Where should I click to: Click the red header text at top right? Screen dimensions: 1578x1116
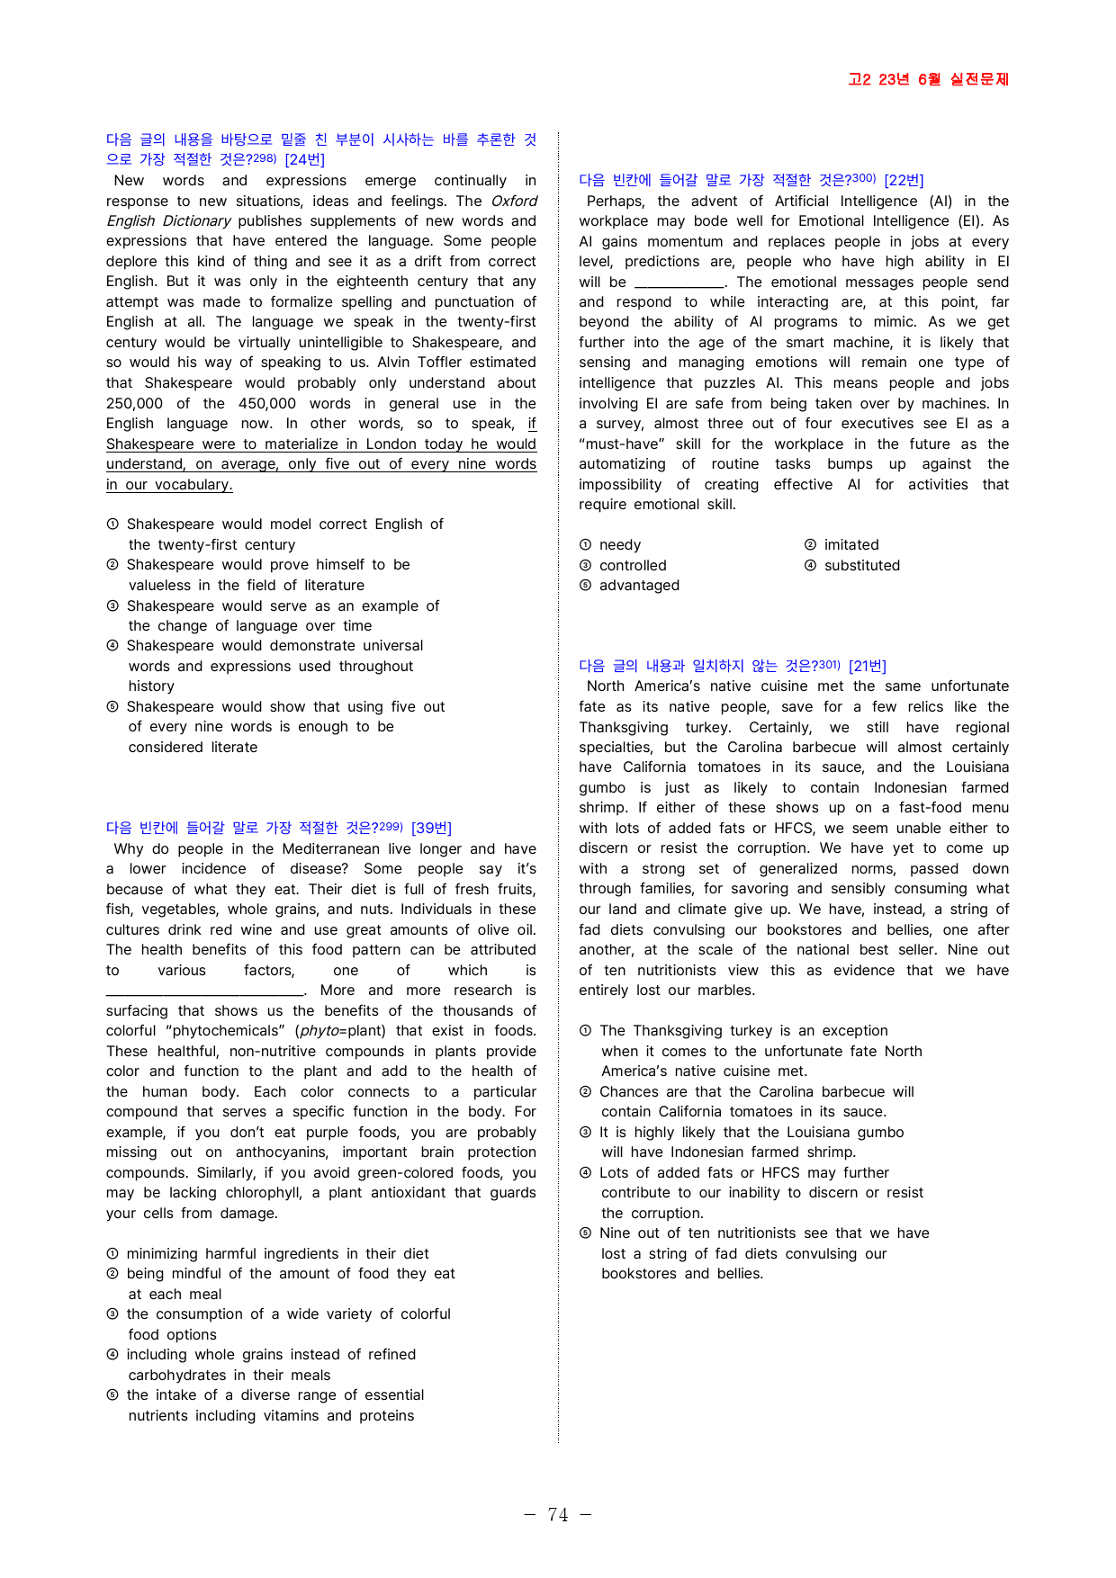[x=928, y=79]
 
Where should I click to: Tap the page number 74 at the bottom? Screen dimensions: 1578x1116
[x=558, y=1515]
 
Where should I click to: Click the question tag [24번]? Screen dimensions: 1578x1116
[x=304, y=160]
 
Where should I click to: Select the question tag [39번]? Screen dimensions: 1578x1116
[x=431, y=828]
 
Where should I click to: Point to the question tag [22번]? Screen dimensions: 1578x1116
[x=904, y=180]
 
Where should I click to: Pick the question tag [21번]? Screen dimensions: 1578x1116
[x=867, y=666]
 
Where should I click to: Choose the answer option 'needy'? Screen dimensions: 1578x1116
[x=620, y=545]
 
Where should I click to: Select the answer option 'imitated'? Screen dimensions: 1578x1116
[x=851, y=545]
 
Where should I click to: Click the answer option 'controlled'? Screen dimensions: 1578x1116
[x=633, y=566]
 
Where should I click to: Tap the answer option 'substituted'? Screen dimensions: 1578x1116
[x=862, y=566]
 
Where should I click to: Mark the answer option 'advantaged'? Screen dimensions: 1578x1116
[x=639, y=586]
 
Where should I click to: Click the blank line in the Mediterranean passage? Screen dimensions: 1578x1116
[x=205, y=991]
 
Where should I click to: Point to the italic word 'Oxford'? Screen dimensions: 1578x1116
[x=514, y=202]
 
